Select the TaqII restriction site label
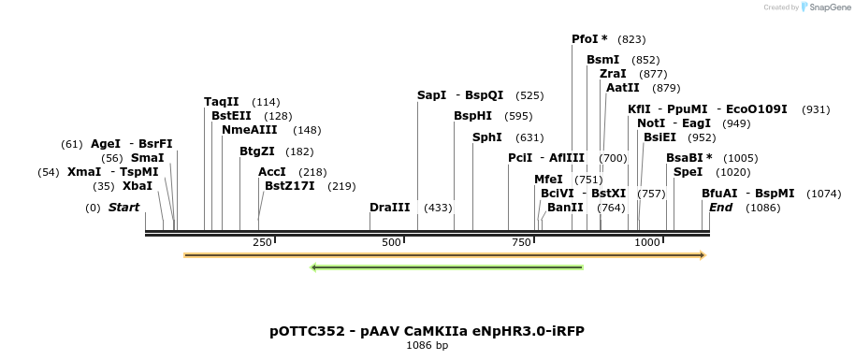tap(222, 102)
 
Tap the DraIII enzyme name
tap(389, 207)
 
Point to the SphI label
tap(487, 137)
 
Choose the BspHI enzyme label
tap(472, 116)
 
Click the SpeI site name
tap(688, 172)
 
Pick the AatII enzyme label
tap(623, 88)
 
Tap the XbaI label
tap(137, 186)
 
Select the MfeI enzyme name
tap(549, 180)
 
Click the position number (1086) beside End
tap(762, 208)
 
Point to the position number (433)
tap(438, 208)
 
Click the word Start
tap(123, 207)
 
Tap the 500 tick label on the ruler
tap(391, 243)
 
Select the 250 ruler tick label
tap(262, 243)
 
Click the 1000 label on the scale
tap(647, 243)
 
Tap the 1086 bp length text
tap(427, 345)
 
